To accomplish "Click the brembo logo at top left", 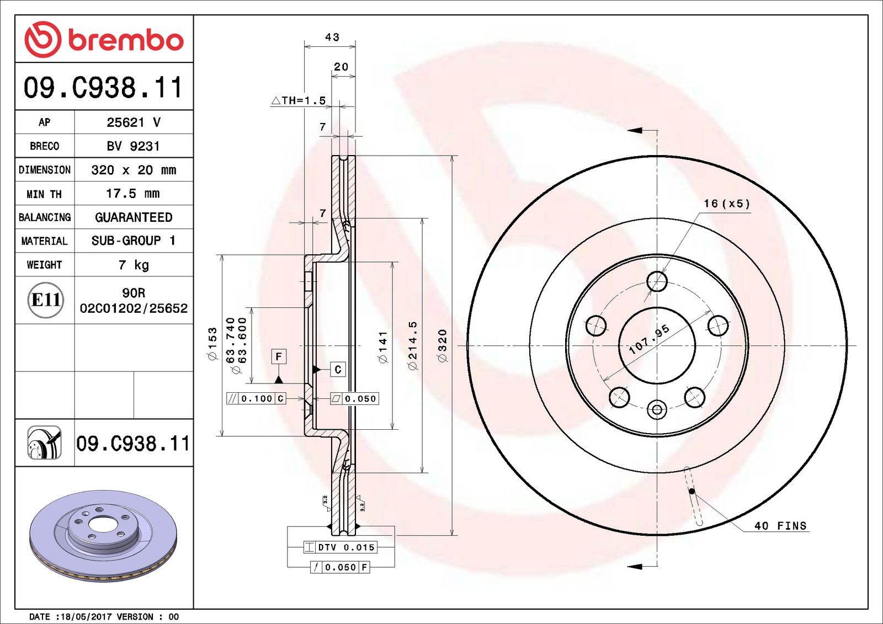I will click(104, 40).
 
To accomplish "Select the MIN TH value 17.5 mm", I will click(132, 194).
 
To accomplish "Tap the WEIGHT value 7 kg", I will click(134, 265).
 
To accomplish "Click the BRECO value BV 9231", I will click(133, 146).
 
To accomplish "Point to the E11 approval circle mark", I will click(45, 300).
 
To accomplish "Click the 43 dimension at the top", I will click(332, 37).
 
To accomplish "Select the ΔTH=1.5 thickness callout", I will click(299, 100).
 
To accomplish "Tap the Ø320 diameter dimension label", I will click(442, 346).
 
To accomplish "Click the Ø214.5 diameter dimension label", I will click(412, 346).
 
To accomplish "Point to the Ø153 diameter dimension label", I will click(212, 345).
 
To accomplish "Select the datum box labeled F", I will click(279, 356).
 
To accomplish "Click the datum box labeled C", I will click(338, 369).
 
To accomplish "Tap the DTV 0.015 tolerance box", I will click(341, 547).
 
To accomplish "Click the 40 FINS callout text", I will click(780, 526).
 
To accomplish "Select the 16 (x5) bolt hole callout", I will click(727, 204).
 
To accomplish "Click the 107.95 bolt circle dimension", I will click(649, 339).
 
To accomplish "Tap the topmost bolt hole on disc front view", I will click(657, 281).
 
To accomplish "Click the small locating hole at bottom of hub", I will click(657, 409).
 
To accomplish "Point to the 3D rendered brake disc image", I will click(103, 535).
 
